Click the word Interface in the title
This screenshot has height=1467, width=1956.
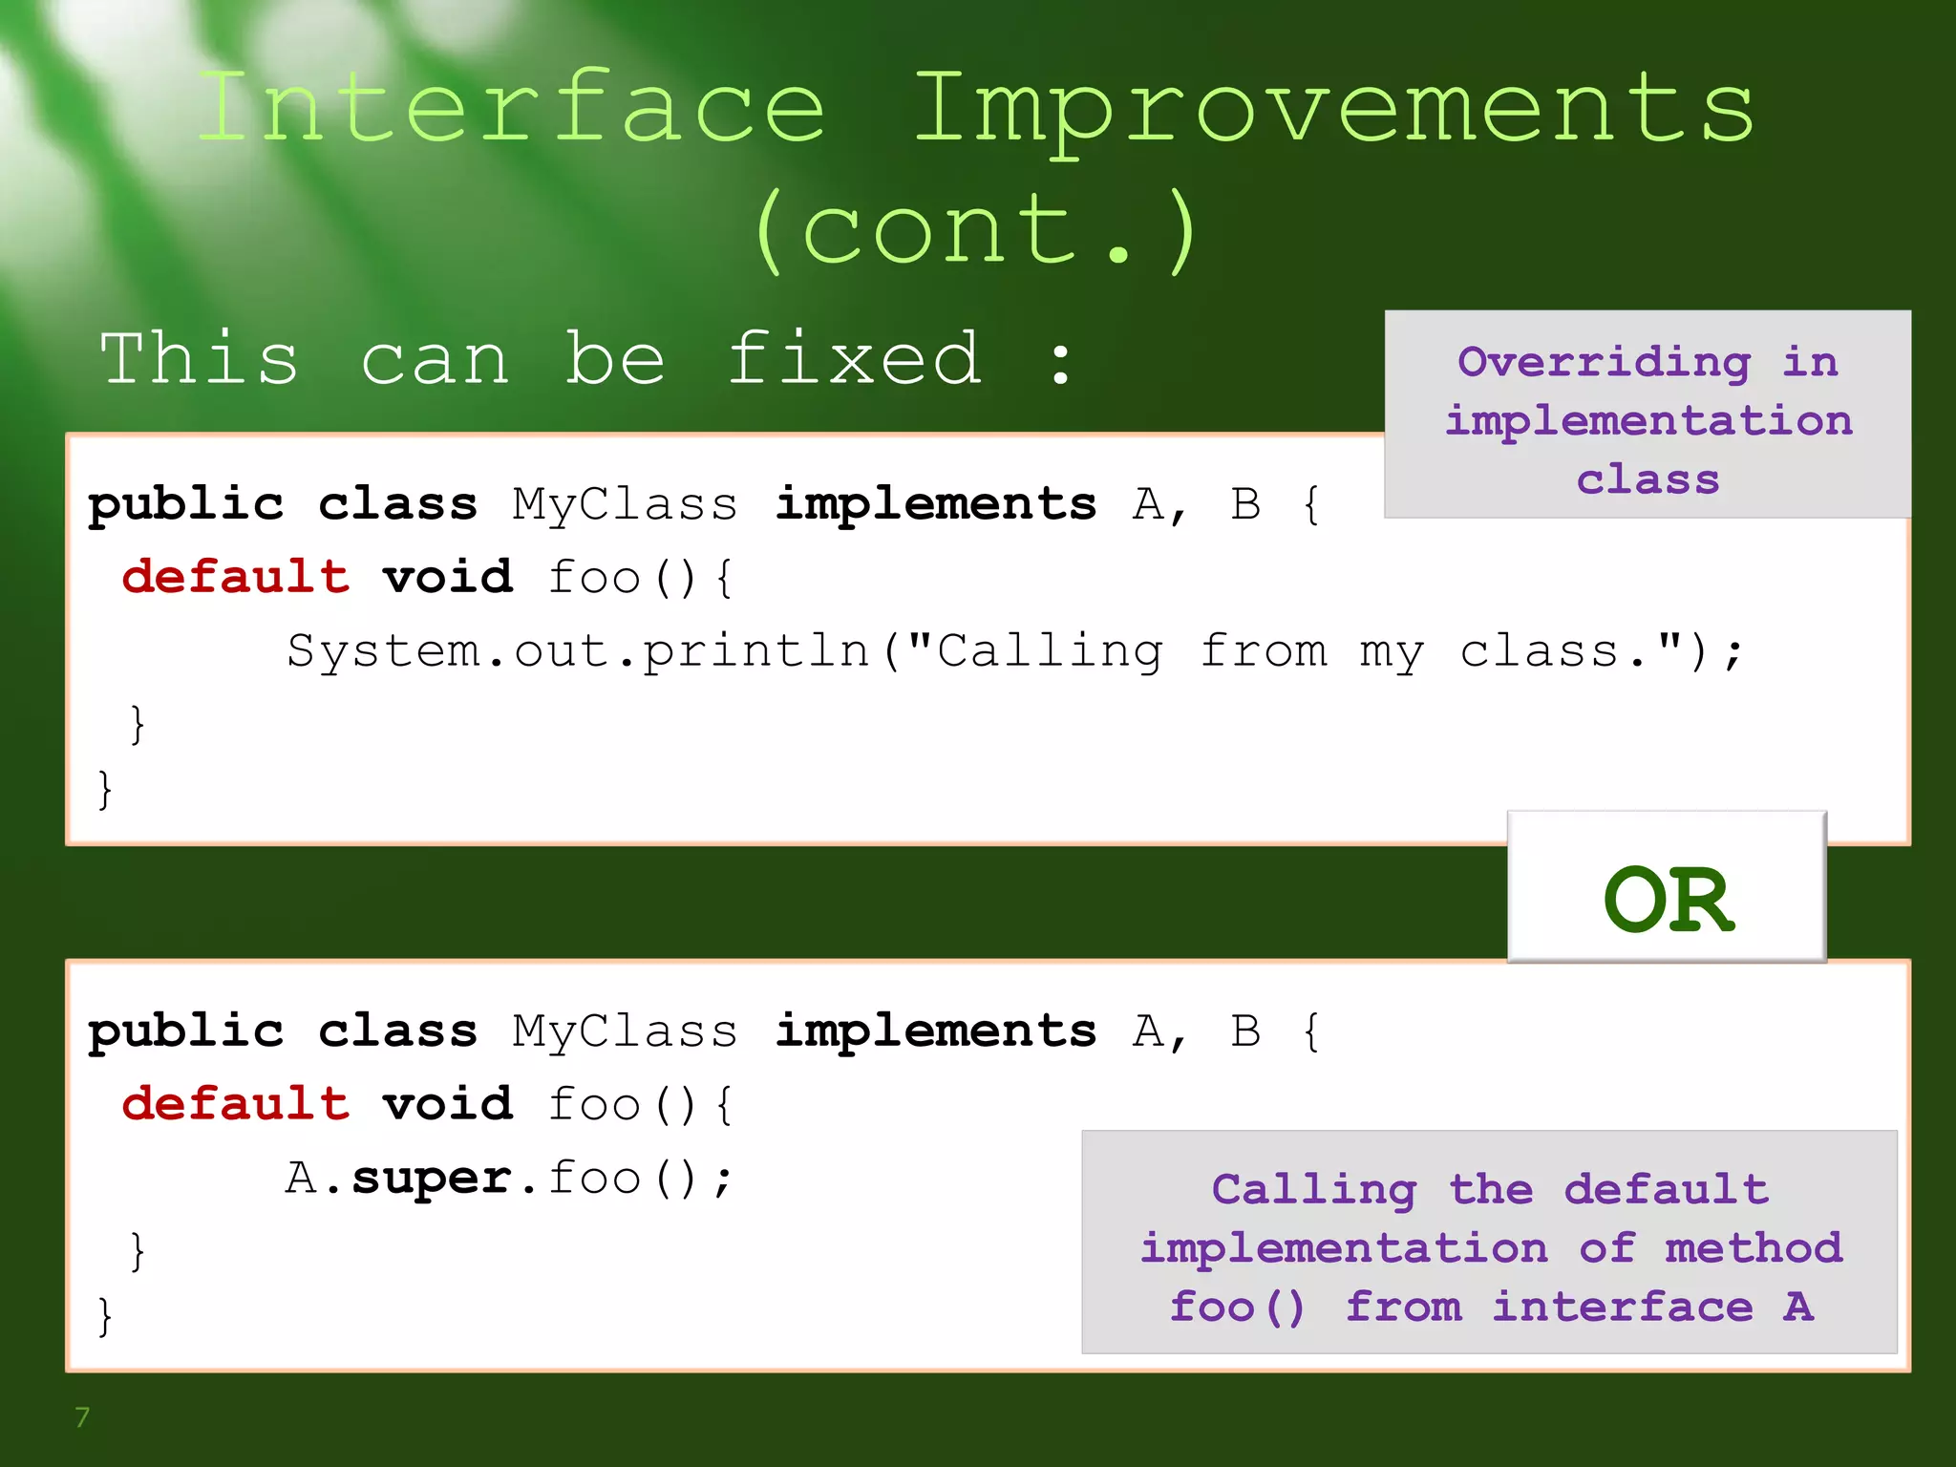(x=511, y=109)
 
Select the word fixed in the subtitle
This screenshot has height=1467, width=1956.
(x=854, y=359)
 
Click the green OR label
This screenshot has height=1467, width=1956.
(x=1668, y=900)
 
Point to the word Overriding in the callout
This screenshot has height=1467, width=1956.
(x=1604, y=362)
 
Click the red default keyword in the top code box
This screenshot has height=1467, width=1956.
(x=235, y=577)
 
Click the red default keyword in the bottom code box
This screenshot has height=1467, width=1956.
(x=235, y=1104)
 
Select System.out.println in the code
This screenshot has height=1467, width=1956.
(x=578, y=651)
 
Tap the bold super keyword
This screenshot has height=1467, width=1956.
(x=433, y=1178)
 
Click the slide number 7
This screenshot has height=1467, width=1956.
(x=82, y=1417)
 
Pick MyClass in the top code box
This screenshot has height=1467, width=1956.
(x=625, y=504)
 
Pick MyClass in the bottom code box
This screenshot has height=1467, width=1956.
(x=625, y=1031)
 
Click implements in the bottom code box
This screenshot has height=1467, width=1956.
(x=935, y=1031)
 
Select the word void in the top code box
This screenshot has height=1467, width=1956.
(x=448, y=577)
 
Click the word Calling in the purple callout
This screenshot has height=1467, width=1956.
(x=1313, y=1190)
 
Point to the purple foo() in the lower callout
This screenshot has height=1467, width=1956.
(x=1237, y=1307)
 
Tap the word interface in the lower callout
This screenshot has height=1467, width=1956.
(x=1622, y=1307)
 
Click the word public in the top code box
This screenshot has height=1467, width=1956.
(x=186, y=504)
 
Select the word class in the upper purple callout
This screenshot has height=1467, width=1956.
(x=1648, y=479)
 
